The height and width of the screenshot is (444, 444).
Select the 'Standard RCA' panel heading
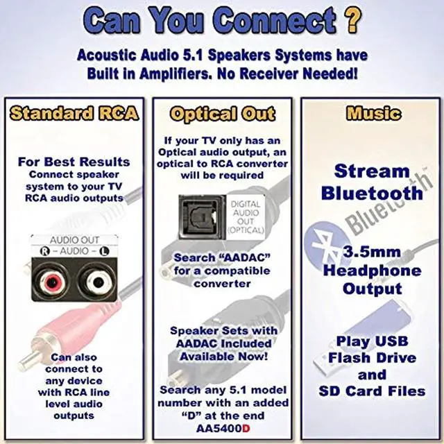74,113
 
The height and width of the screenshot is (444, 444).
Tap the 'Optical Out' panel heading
223,114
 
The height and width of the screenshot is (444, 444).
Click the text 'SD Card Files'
372,391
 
